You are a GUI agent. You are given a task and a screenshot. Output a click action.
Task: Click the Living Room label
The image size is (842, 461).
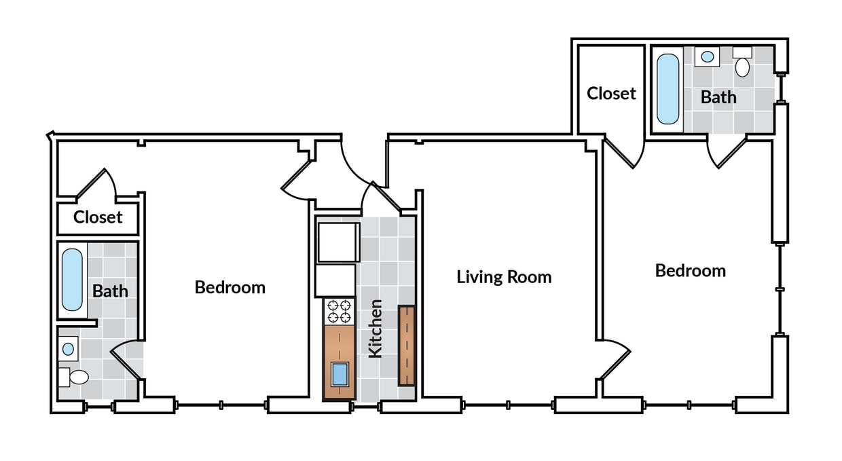(503, 277)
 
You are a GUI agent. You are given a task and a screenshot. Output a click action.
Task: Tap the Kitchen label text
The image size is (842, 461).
(375, 328)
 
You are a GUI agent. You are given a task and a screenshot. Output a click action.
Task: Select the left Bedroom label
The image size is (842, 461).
(230, 287)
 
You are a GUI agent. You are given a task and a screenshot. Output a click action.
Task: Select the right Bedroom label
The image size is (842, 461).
(690, 271)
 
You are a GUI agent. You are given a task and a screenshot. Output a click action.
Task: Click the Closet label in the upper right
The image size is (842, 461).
(611, 93)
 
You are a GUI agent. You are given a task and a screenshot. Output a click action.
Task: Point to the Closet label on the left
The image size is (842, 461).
(98, 217)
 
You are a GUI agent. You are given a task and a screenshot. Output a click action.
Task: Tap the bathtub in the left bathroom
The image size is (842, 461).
(72, 280)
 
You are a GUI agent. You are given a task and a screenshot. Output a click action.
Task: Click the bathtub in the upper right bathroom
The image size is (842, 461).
(667, 89)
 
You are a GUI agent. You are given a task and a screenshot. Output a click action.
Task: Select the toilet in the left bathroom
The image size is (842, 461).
(77, 377)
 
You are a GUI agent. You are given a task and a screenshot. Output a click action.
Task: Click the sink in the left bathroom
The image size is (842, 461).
(68, 349)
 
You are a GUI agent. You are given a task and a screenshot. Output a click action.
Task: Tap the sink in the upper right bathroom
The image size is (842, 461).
(707, 56)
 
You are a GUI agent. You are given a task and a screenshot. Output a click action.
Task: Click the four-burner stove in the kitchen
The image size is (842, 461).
(339, 311)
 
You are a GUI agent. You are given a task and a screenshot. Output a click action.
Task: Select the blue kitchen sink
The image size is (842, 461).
(340, 373)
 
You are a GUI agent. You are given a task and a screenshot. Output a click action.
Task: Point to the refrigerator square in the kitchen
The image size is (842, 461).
(337, 242)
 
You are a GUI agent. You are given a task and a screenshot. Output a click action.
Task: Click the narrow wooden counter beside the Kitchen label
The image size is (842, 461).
(406, 346)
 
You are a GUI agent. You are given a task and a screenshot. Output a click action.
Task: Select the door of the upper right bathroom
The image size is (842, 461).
(726, 153)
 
